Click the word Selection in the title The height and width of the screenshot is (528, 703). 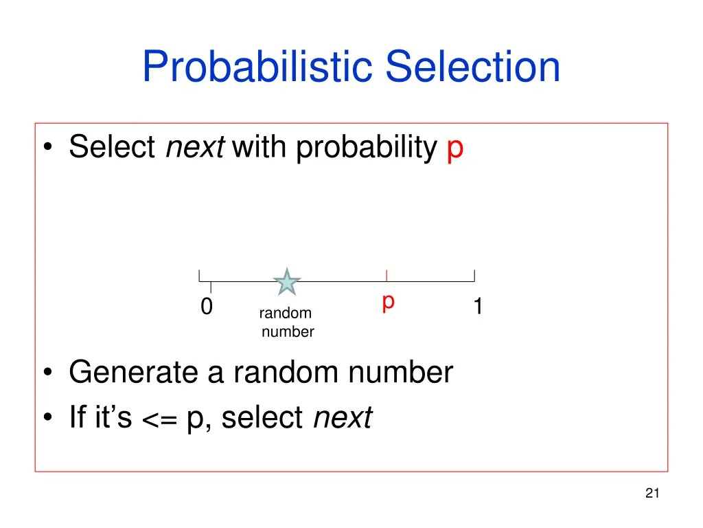[472, 67]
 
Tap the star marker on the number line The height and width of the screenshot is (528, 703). [287, 283]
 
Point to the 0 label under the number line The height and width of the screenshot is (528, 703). [206, 307]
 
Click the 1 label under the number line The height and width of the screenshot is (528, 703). [478, 307]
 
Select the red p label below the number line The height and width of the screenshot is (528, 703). [388, 302]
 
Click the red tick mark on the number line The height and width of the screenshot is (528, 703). [387, 276]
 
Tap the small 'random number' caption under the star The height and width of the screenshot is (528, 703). [286, 322]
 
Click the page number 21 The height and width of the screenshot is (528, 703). [652, 492]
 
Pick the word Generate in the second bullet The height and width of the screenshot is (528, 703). [135, 373]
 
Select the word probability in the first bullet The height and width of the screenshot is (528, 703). [367, 147]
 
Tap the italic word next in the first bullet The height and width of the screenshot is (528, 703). [195, 147]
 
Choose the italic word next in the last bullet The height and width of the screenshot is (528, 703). [342, 417]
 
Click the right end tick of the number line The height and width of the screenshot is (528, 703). [474, 276]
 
